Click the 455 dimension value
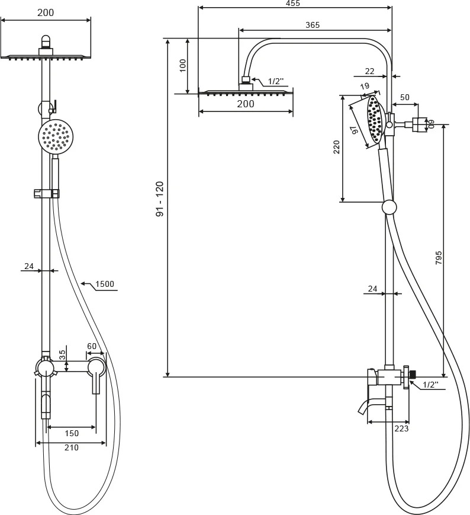tap(293, 4)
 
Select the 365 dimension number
tap(313, 25)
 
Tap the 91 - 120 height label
tap(160, 199)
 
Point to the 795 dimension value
tap(439, 258)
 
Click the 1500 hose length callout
tap(105, 284)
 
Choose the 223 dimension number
tap(401, 428)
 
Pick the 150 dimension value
tap(72, 434)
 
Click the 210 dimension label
tap(72, 447)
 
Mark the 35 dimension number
tap(62, 355)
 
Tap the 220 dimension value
tap(336, 147)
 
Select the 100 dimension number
tap(183, 65)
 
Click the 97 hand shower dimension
tap(355, 130)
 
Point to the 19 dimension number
tap(365, 87)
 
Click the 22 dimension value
tap(369, 71)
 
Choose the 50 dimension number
tap(405, 97)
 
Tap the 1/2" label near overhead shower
tap(276, 81)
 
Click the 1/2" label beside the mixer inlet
tap(430, 385)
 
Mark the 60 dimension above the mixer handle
tap(92, 346)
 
